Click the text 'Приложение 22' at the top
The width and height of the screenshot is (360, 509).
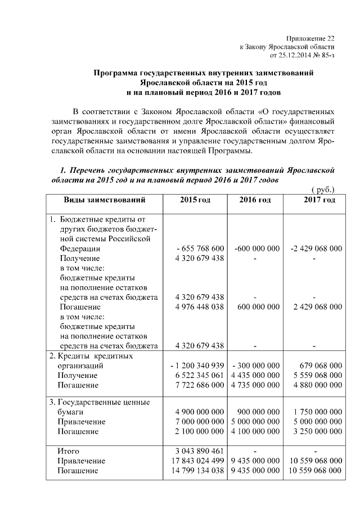[x=310, y=38]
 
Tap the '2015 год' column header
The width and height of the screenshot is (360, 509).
[x=195, y=200]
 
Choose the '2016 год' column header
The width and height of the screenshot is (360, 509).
[x=255, y=200]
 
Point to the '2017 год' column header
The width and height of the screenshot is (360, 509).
[x=319, y=200]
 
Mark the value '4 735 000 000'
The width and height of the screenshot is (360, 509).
[x=255, y=385]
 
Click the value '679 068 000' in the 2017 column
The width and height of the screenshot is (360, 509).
[x=318, y=365]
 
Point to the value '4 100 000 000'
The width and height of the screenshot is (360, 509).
[x=255, y=431]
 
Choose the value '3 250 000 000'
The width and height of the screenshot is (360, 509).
[x=318, y=431]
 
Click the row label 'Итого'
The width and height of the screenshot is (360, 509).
[x=69, y=451]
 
